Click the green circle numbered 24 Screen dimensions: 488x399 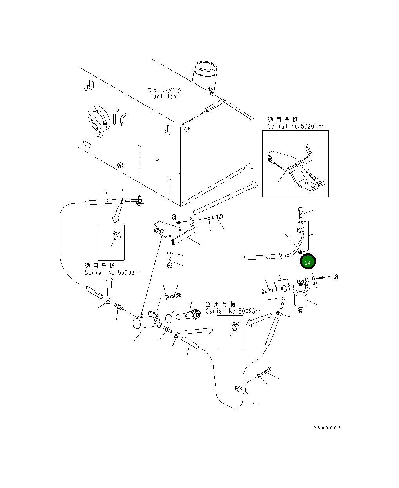[x=308, y=262]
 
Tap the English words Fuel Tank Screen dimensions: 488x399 [x=165, y=96]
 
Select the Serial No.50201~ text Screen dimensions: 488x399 [x=296, y=126]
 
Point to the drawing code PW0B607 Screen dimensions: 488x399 [x=327, y=428]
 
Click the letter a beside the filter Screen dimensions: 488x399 [x=336, y=277]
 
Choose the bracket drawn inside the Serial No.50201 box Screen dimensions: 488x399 [x=298, y=169]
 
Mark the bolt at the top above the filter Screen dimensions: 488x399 [x=300, y=212]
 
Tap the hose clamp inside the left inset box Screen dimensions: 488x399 [x=116, y=236]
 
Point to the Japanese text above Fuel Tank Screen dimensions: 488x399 [x=165, y=90]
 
